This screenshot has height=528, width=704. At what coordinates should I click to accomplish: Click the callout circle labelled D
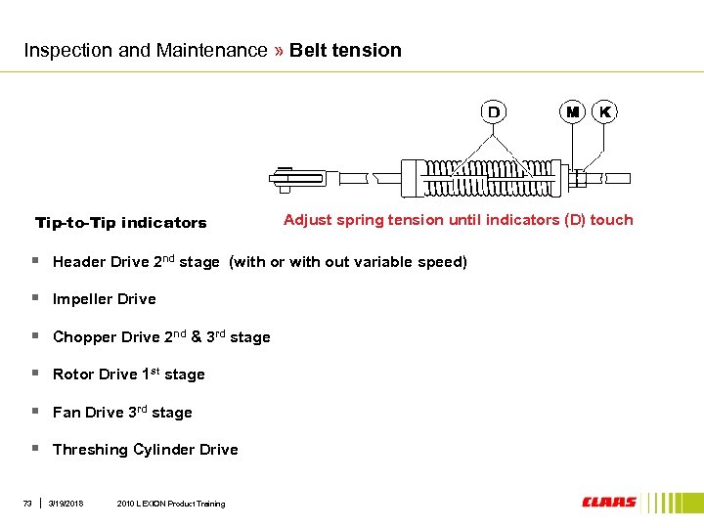click(494, 111)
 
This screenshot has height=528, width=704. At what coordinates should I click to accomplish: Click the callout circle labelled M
click(572, 111)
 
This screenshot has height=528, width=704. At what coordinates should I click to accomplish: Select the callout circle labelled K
click(605, 111)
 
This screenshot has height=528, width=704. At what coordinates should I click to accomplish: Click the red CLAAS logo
click(609, 503)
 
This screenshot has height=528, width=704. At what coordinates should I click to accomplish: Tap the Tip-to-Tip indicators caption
click(121, 223)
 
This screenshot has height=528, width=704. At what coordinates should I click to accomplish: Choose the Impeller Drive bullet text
click(104, 299)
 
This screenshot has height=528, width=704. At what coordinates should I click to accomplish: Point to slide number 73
click(28, 504)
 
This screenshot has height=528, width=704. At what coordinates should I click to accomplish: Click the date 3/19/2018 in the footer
click(66, 504)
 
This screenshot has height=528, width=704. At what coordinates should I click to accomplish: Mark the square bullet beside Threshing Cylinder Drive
click(34, 448)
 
